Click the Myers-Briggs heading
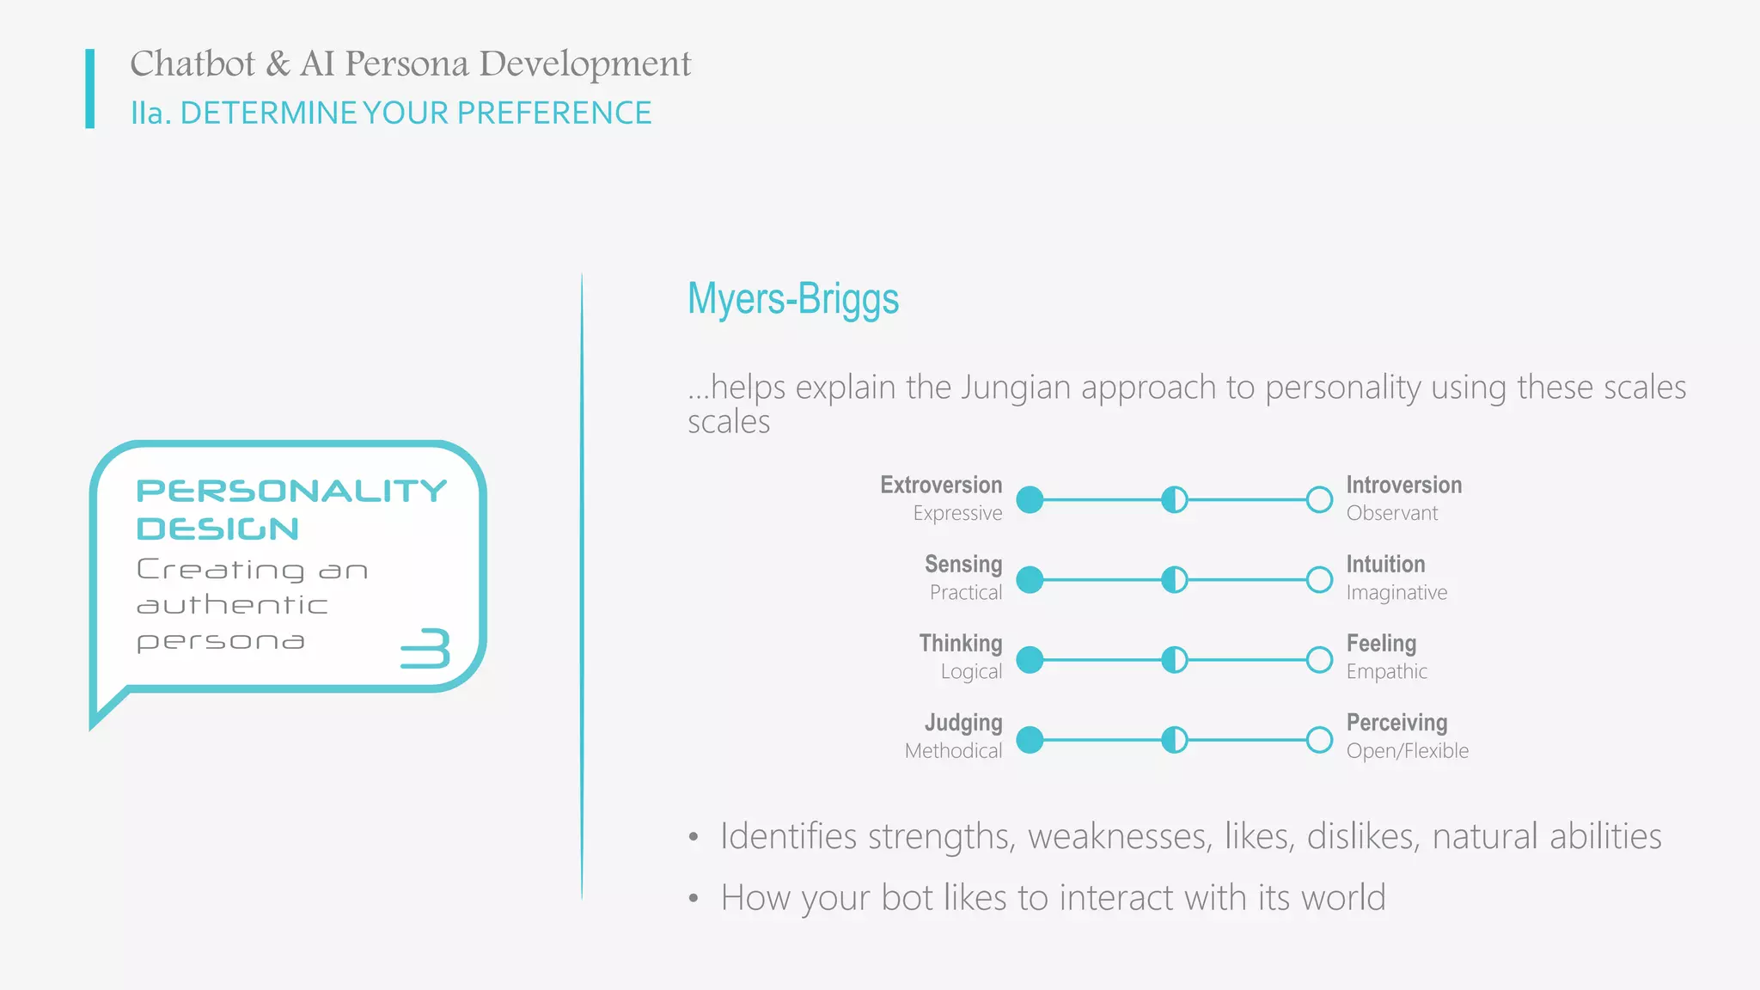pos(792,299)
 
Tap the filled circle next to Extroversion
pos(1030,499)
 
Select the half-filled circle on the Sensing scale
pos(1174,580)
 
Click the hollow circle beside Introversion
pos(1319,499)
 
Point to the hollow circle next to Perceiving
pos(1319,739)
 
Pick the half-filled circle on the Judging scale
pos(1174,739)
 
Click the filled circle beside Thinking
pos(1030,660)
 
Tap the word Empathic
pos(1386,672)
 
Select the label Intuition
pos(1385,565)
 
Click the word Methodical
pos(953,751)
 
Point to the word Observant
pos(1391,513)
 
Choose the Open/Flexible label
pos(1407,751)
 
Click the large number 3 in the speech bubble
pos(426,648)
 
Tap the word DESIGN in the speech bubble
pos(218,529)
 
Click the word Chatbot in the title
pos(192,64)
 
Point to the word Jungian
pos(1016,388)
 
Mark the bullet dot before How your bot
pos(694,899)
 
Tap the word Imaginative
pos(1396,593)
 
